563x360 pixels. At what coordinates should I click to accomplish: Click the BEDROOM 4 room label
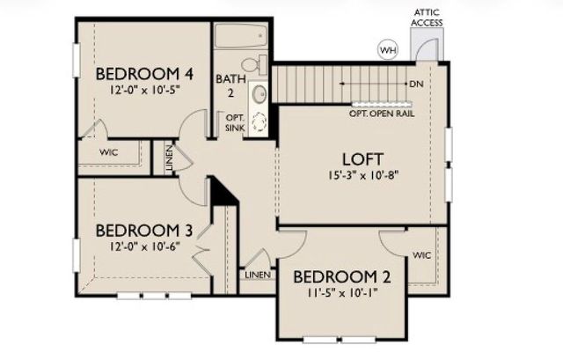[x=144, y=73]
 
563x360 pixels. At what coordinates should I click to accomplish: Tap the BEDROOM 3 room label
[x=143, y=231]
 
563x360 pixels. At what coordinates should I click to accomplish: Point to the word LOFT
[x=362, y=158]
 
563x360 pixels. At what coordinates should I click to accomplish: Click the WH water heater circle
[x=387, y=50]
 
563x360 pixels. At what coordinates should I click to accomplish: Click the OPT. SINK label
[x=236, y=122]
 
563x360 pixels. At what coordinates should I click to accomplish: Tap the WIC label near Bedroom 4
[x=109, y=152]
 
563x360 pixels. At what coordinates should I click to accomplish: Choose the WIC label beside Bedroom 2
[x=421, y=256]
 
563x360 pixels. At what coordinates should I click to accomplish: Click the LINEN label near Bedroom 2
[x=258, y=275]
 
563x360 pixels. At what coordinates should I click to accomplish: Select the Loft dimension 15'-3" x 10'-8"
[x=362, y=175]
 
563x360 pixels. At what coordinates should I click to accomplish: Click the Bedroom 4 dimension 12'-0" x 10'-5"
[x=144, y=90]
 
